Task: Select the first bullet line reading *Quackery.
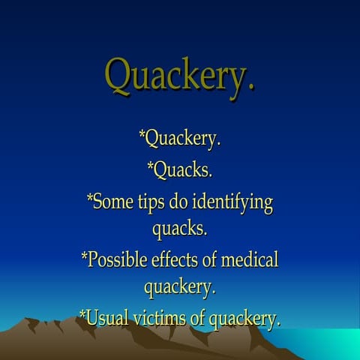coord(180,139)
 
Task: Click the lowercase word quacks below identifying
coord(180,226)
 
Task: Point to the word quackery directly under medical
coord(180,286)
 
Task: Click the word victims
coord(160,317)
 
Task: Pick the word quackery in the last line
coord(244,319)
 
